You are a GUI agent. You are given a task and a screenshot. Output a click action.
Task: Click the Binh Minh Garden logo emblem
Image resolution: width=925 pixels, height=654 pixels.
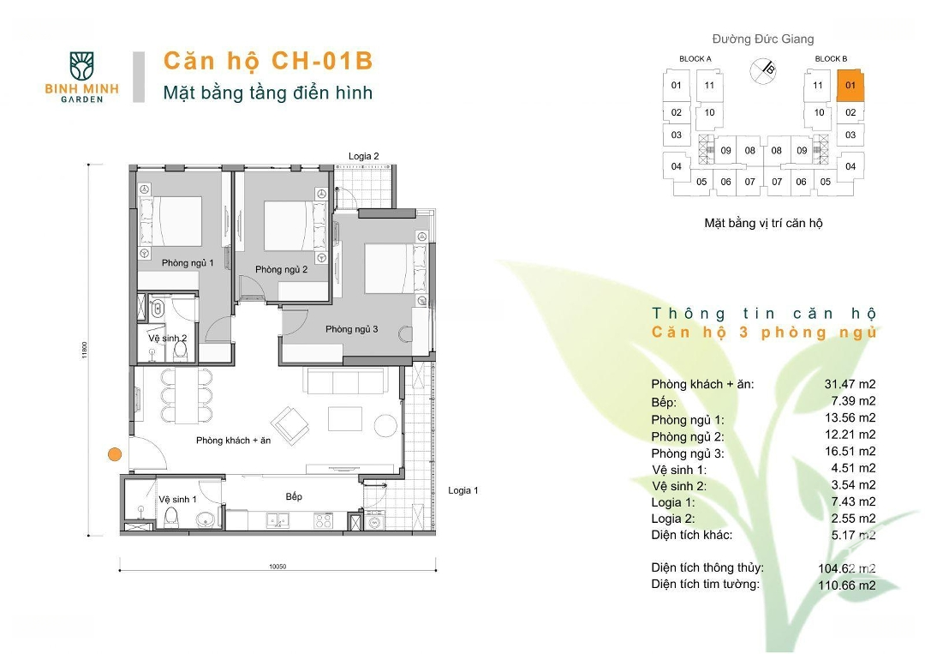tap(81, 65)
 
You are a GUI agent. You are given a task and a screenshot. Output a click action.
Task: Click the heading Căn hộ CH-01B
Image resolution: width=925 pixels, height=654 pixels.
tap(268, 61)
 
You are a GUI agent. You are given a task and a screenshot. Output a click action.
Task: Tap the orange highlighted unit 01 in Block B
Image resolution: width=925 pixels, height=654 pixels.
tap(850, 86)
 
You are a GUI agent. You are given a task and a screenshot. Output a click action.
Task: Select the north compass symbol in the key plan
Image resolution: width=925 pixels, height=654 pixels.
tap(763, 71)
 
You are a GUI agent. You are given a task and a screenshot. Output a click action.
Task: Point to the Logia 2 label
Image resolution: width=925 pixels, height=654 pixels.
tap(363, 156)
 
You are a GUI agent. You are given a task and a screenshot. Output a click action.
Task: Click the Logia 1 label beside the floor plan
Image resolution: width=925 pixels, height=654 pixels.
tap(463, 490)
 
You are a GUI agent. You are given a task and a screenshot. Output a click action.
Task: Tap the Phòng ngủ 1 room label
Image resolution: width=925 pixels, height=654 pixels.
tap(188, 262)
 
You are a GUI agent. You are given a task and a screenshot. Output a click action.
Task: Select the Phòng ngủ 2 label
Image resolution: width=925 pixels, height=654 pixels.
tap(282, 269)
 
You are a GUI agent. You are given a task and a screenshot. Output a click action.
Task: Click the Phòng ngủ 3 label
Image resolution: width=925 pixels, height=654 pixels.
tap(352, 329)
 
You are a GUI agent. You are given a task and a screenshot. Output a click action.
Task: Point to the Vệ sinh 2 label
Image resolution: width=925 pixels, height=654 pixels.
tap(168, 339)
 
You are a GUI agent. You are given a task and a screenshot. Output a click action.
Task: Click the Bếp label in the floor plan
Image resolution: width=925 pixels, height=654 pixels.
tap(294, 496)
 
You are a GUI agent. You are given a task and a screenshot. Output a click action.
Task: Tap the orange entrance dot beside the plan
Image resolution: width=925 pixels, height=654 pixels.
tap(115, 454)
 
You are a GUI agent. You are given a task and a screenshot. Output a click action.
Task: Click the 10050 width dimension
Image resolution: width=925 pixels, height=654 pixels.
tap(277, 566)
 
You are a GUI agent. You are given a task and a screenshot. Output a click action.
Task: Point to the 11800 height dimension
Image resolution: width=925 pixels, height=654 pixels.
tap(85, 350)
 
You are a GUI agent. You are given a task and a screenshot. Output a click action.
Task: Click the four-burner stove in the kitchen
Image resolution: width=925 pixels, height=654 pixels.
tap(323, 520)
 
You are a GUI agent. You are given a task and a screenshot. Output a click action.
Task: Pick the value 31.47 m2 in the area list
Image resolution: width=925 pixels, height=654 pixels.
tap(850, 384)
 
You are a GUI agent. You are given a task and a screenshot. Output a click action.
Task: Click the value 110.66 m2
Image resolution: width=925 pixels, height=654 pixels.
tap(847, 585)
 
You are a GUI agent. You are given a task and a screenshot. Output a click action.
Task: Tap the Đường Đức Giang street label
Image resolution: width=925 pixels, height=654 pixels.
tap(763, 39)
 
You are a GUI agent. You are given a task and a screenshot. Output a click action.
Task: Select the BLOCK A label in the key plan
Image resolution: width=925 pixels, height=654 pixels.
tap(695, 58)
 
